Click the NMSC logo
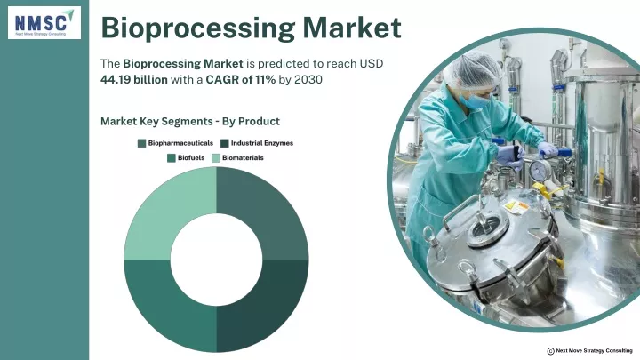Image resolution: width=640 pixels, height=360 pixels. point(44,23)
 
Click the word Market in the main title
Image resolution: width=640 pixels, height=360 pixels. point(352,28)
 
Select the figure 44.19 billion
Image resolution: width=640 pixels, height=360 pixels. point(134,79)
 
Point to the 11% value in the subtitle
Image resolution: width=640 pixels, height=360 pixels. point(265,79)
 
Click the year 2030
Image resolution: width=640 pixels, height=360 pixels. point(308,79)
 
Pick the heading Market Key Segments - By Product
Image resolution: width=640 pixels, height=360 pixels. point(190,121)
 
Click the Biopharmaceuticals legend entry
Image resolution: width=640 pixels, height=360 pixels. point(175,143)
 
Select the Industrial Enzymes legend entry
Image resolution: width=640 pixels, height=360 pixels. point(257,143)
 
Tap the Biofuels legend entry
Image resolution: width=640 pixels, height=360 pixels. point(186,158)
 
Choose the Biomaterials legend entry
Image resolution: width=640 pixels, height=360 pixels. point(237,158)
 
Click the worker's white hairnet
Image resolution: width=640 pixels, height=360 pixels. point(473,70)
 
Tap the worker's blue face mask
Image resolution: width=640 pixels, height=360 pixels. point(474,100)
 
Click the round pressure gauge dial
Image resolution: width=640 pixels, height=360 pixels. point(540,170)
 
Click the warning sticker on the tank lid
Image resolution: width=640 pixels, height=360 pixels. point(516,207)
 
